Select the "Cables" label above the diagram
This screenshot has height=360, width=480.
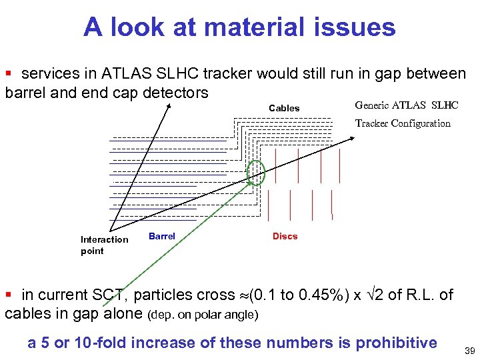284,108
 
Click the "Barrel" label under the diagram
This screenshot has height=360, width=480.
162,236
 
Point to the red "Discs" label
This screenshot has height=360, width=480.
285,236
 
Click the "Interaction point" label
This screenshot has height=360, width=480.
104,245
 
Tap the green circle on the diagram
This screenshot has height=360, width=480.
256,173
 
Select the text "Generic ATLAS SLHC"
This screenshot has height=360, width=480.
407,105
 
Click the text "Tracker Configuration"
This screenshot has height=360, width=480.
403,123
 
